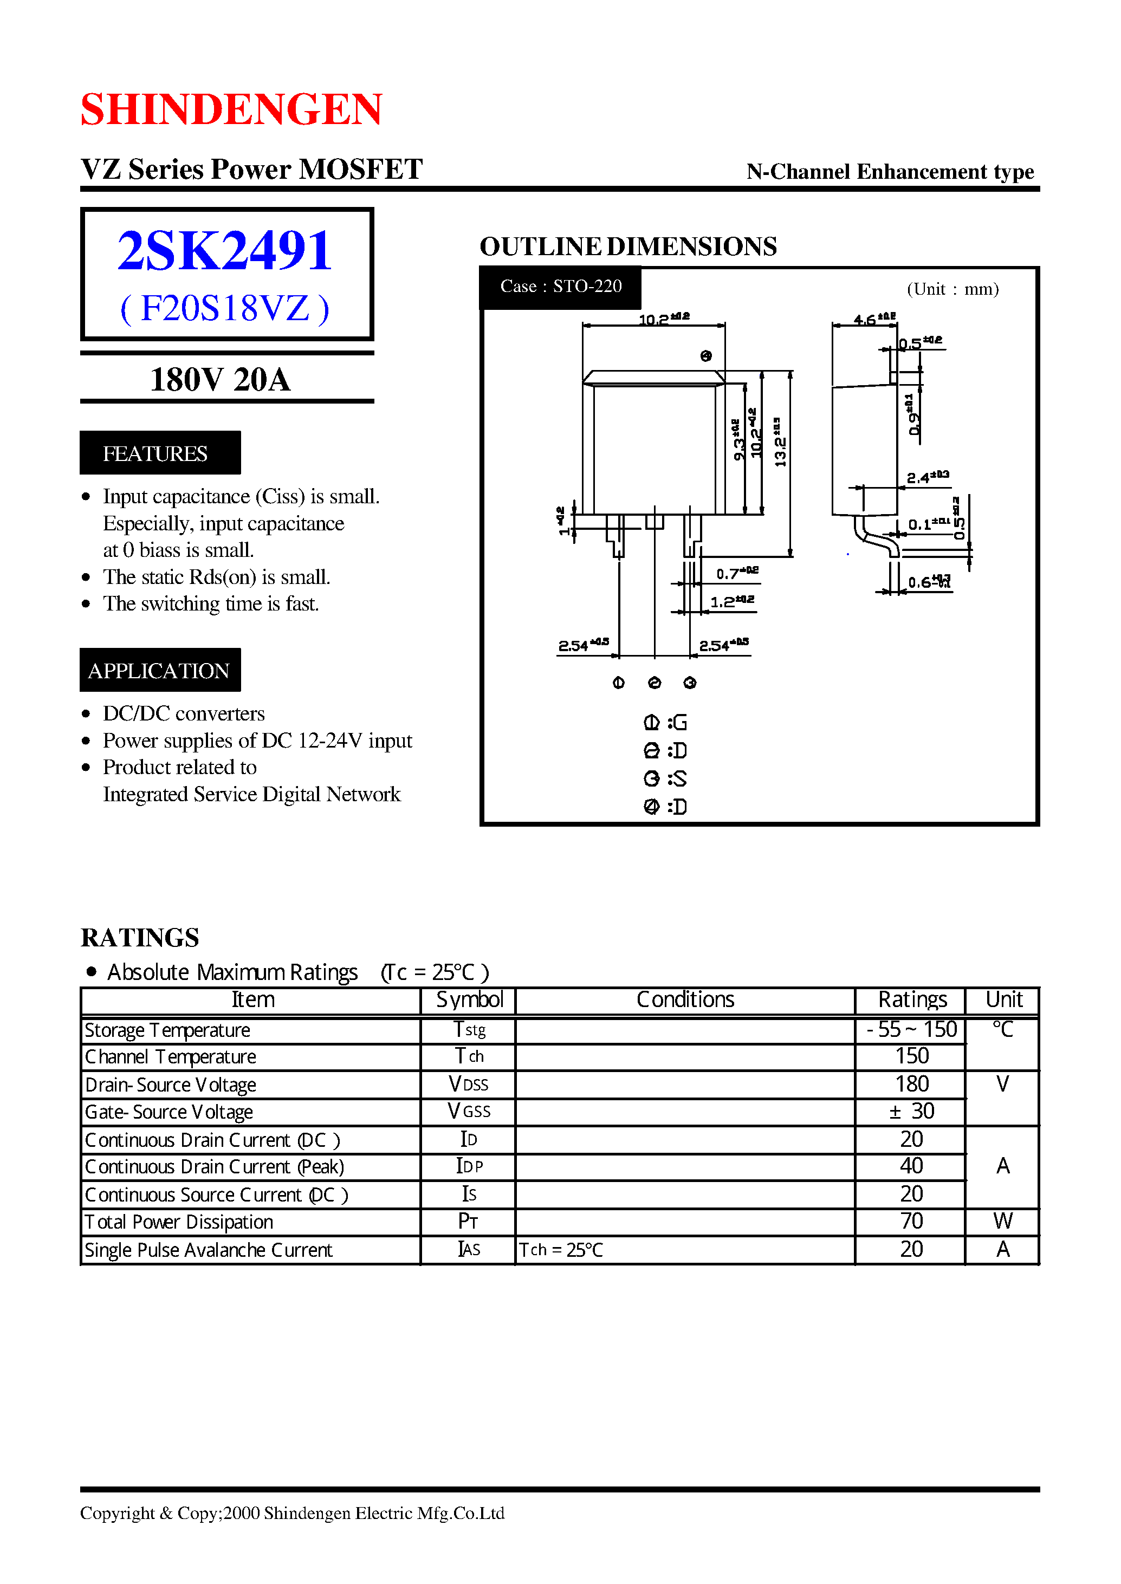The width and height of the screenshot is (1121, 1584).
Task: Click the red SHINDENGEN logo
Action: (231, 109)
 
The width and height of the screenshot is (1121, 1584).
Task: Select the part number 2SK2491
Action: (225, 250)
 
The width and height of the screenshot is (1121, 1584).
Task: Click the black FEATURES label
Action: (159, 453)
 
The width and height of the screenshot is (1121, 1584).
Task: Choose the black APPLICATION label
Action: (159, 670)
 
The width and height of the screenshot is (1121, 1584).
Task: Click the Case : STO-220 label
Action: (560, 287)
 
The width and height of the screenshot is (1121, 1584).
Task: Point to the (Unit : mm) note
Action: (952, 289)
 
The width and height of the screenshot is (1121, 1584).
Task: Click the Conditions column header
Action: (685, 999)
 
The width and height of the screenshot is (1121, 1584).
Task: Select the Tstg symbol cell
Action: (469, 1030)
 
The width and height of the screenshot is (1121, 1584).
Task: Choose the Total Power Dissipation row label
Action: (179, 1222)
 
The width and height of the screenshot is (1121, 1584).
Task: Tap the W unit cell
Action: (1002, 1222)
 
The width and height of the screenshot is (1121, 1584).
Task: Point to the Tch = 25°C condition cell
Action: (560, 1250)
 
